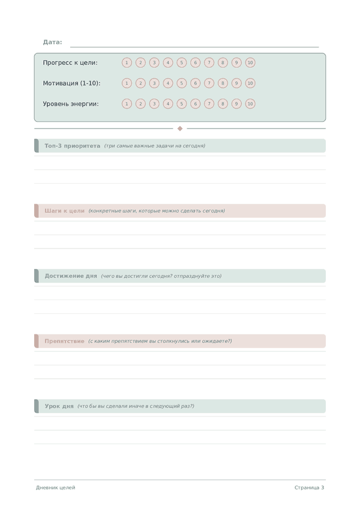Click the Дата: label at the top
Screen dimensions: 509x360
(x=52, y=42)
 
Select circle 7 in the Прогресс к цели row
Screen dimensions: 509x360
(x=209, y=62)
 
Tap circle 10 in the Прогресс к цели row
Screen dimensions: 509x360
(x=250, y=62)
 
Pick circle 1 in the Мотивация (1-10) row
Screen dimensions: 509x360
(x=127, y=83)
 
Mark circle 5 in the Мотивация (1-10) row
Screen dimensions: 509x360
(x=182, y=83)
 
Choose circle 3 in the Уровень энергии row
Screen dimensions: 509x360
(x=154, y=104)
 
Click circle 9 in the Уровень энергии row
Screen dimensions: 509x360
(x=236, y=104)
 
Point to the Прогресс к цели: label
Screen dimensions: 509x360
(x=70, y=62)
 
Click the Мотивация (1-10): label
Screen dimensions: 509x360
(x=71, y=83)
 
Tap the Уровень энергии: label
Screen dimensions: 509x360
(x=71, y=104)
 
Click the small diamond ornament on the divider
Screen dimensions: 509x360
(x=180, y=128)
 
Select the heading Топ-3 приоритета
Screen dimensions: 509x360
(x=73, y=146)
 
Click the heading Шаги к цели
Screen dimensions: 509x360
(x=64, y=211)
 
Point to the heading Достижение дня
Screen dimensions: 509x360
(x=71, y=276)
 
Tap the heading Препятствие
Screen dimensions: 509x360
(x=64, y=341)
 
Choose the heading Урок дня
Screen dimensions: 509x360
(x=59, y=406)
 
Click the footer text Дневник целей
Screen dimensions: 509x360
(x=56, y=488)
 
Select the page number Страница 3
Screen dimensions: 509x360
(x=309, y=488)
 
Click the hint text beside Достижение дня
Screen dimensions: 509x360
(x=161, y=276)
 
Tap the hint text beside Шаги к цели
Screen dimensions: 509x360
(x=157, y=211)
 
